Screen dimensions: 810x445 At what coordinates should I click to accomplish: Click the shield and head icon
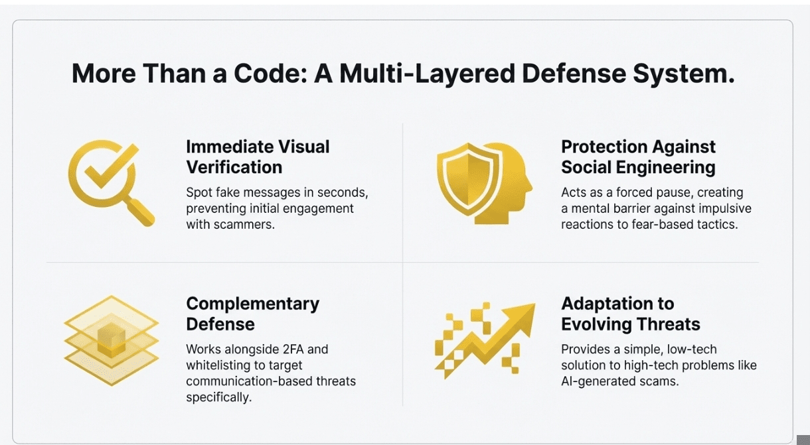tap(485, 183)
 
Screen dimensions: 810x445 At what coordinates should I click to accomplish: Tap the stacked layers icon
tap(112, 341)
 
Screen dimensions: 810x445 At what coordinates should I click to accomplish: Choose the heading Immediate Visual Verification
tap(258, 157)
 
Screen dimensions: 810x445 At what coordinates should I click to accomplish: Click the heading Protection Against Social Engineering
tap(638, 157)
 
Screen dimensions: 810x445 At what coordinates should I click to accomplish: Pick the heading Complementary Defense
tap(253, 314)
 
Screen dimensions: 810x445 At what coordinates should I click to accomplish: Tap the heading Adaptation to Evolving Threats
tap(631, 314)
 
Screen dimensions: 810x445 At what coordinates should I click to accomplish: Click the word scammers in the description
tap(244, 225)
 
